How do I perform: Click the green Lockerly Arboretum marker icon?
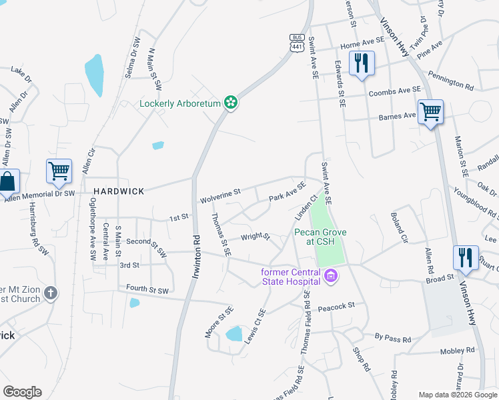click(x=231, y=103)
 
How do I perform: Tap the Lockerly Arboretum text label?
click(x=181, y=103)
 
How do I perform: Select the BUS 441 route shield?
click(x=298, y=41)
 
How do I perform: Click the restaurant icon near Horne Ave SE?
click(x=361, y=63)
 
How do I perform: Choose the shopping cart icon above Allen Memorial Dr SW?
click(x=59, y=171)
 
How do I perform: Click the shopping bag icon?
click(x=8, y=181)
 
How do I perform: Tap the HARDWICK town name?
click(x=119, y=191)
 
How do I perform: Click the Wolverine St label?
click(x=219, y=197)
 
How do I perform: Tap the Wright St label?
click(x=255, y=237)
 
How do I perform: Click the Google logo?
click(x=22, y=392)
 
